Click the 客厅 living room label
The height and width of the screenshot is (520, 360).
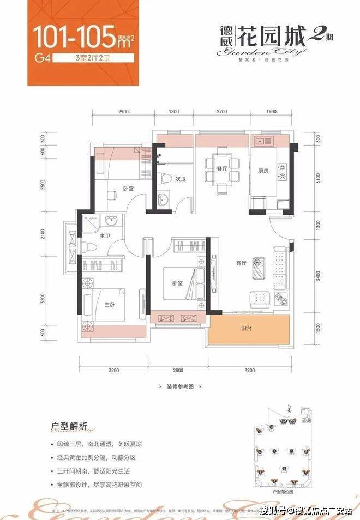pos(242,263)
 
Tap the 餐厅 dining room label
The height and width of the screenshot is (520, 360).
pos(221,168)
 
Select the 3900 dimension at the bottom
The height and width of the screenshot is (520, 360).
pos(249,370)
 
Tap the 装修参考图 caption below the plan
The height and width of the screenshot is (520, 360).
pos(179,385)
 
